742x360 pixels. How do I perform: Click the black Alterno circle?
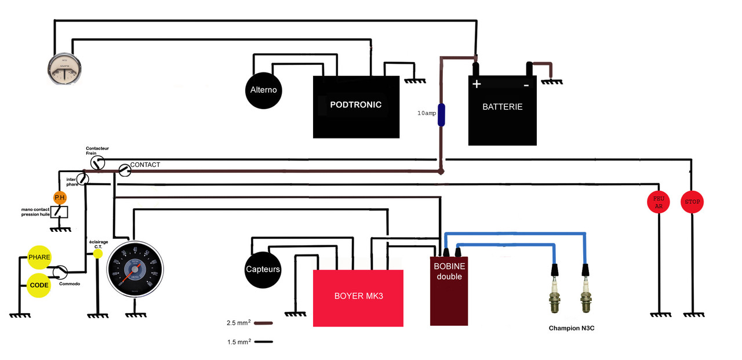click(263, 90)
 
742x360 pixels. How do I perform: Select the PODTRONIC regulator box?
click(356, 107)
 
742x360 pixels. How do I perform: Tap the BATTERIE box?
click(503, 110)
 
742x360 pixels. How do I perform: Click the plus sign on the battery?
click(477, 84)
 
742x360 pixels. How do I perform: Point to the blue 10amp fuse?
click(441, 115)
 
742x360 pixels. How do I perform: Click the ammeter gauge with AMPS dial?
click(64, 68)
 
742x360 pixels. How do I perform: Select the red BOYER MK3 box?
click(358, 298)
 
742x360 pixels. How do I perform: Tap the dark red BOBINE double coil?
click(449, 290)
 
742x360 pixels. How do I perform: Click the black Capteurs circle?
click(263, 270)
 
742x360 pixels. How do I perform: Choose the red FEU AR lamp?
click(659, 202)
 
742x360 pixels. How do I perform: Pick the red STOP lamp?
click(692, 202)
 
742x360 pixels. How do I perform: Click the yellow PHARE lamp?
click(39, 257)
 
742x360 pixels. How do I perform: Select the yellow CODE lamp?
click(39, 286)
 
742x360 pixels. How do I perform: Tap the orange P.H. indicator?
click(60, 197)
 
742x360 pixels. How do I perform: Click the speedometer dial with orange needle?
click(135, 269)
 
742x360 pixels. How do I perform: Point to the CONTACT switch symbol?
click(124, 170)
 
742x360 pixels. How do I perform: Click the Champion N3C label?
click(572, 328)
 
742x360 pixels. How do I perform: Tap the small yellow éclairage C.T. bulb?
click(98, 253)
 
